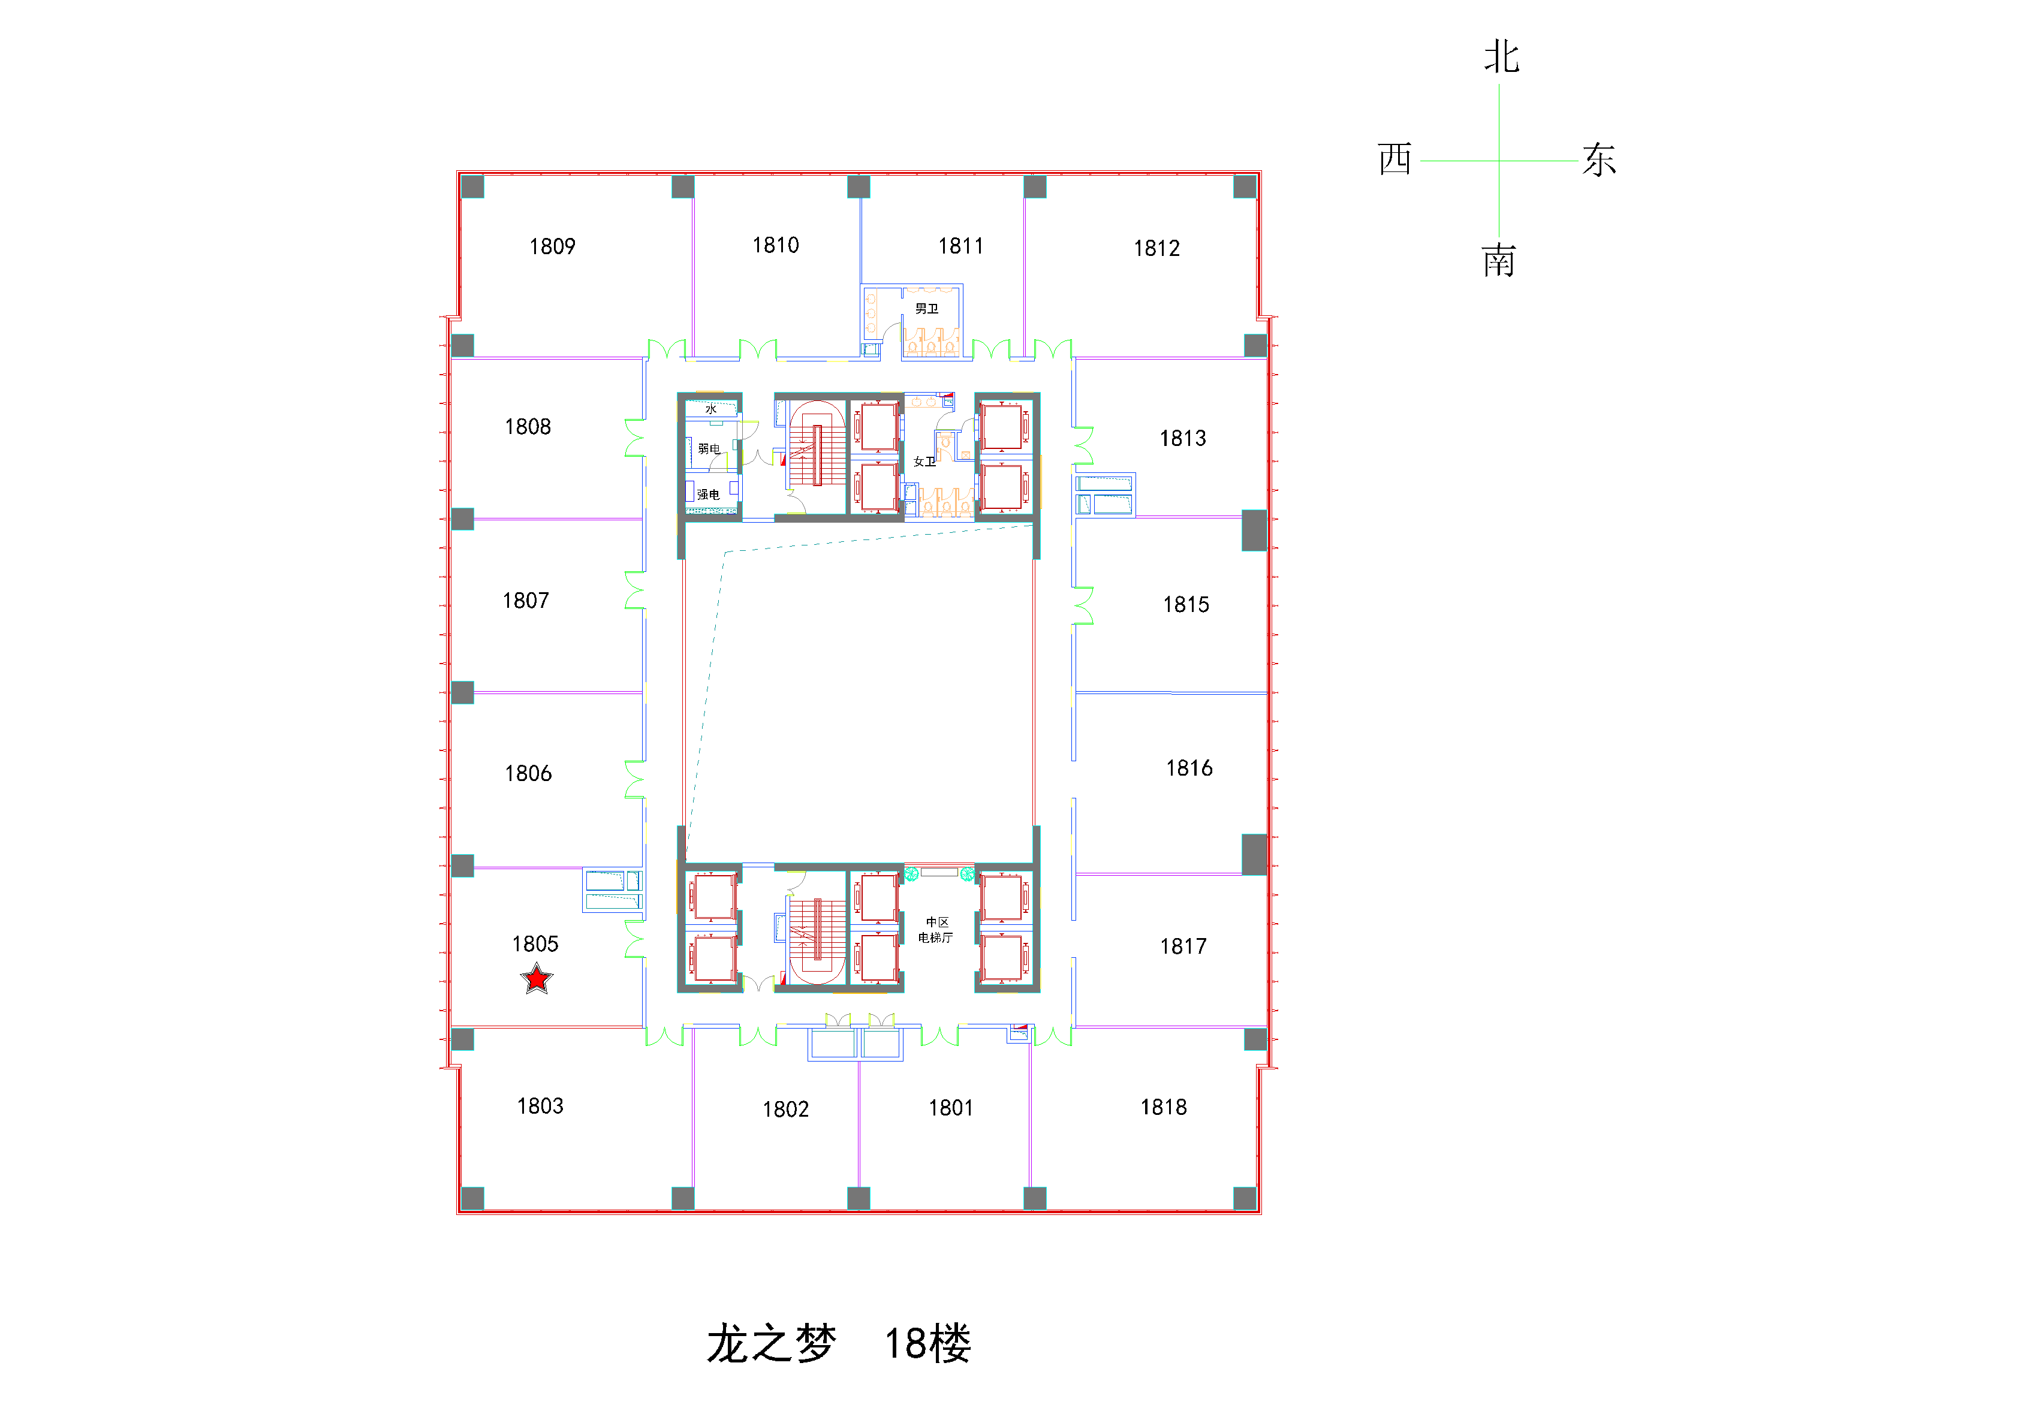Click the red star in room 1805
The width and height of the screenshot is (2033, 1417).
(x=537, y=979)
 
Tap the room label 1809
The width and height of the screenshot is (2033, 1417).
(x=553, y=246)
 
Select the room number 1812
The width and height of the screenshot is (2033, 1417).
(x=1156, y=248)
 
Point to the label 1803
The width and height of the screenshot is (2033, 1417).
(x=540, y=1105)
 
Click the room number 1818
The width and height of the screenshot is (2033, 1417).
(x=1164, y=1107)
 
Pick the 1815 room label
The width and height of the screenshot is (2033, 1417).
(x=1186, y=605)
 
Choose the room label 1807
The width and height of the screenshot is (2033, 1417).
(x=526, y=600)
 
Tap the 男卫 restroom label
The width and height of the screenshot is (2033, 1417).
(x=926, y=308)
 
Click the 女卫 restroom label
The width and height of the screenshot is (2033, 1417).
(x=924, y=461)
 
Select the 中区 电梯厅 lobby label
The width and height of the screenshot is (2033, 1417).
(x=936, y=929)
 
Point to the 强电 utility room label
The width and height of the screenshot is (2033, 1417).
(x=709, y=494)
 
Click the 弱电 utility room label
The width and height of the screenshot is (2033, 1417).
(x=709, y=449)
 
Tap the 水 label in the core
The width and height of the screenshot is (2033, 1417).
(x=711, y=409)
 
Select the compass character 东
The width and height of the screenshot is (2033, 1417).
(x=1599, y=160)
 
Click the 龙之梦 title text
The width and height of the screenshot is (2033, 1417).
(x=771, y=1343)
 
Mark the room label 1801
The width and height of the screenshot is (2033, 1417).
(x=951, y=1107)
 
